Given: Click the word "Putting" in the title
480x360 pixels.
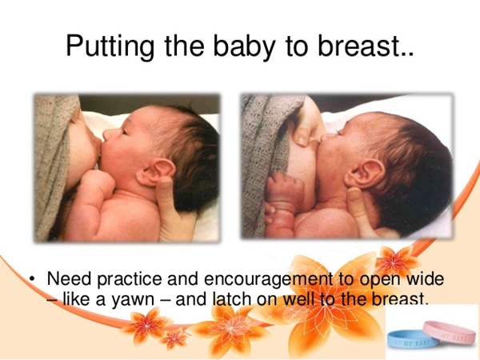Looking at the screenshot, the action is [110, 47].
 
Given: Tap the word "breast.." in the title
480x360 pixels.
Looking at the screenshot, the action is [366, 46].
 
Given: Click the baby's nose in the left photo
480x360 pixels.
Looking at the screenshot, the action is [107, 134].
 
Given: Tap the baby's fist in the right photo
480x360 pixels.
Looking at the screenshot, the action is [284, 187].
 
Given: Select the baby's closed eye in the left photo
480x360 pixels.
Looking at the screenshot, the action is [125, 132].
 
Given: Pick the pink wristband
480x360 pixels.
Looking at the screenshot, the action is [450, 332].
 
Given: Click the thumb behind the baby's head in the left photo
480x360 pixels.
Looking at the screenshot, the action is [166, 196].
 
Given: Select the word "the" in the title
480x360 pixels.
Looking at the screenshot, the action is [184, 46].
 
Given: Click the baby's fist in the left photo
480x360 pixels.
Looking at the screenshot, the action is [98, 182].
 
